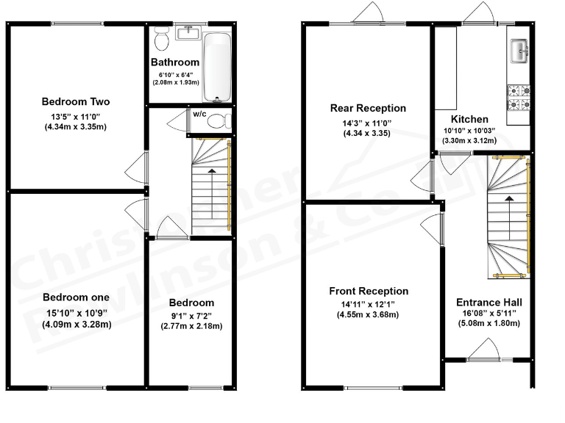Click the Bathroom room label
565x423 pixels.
pos(175,62)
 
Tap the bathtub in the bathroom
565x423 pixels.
pos(217,67)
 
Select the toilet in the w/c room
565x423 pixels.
pos(218,121)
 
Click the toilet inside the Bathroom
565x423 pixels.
pos(162,37)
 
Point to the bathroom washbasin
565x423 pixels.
pos(189,32)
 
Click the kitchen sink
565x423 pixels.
pos(519,51)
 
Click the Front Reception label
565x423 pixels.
pos(369,292)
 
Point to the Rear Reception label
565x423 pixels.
pos(368,109)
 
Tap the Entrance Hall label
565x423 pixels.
pos(489,302)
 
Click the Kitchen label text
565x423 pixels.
pos(469,119)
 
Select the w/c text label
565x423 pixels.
pos(199,114)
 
